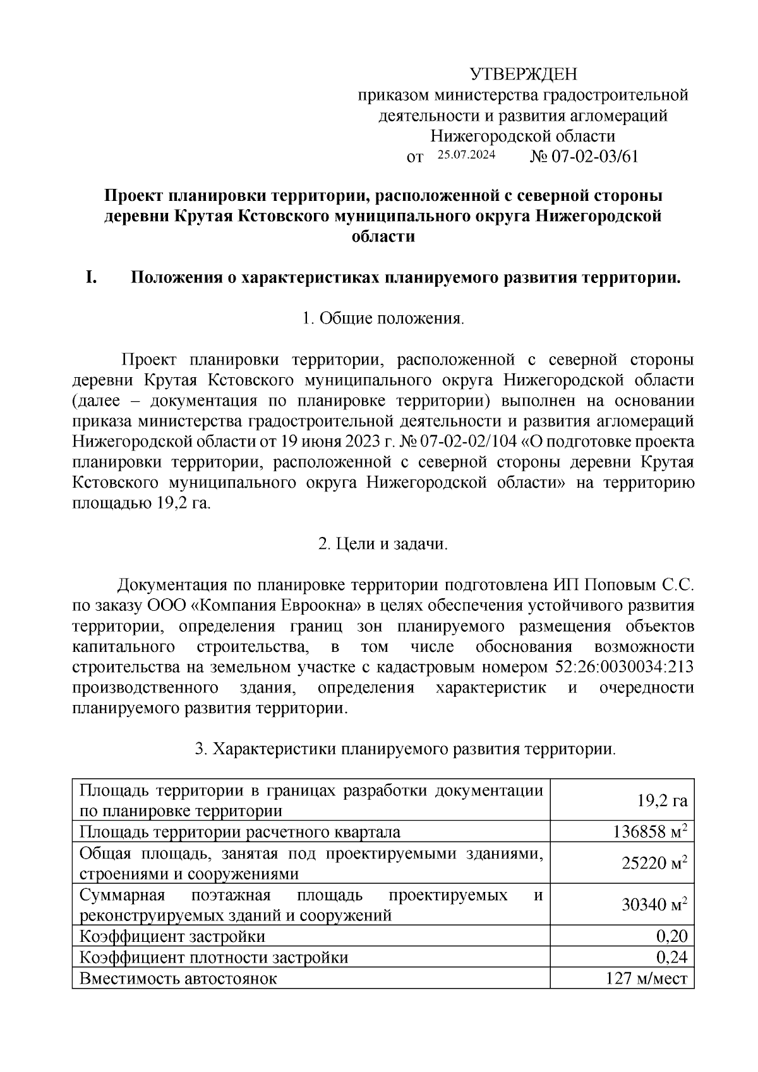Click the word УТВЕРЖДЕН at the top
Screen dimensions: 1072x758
pyautogui.click(x=524, y=75)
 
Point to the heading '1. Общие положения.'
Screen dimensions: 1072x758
pyautogui.click(x=383, y=318)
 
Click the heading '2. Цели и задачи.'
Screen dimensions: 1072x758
pyautogui.click(x=383, y=544)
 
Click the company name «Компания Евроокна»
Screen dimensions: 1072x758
pyautogui.click(x=275, y=606)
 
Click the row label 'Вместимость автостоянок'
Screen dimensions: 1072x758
pyautogui.click(x=178, y=979)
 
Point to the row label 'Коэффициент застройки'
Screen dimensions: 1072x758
pyautogui.click(x=172, y=936)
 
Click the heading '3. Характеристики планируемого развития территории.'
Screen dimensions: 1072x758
pyautogui.click(x=405, y=749)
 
